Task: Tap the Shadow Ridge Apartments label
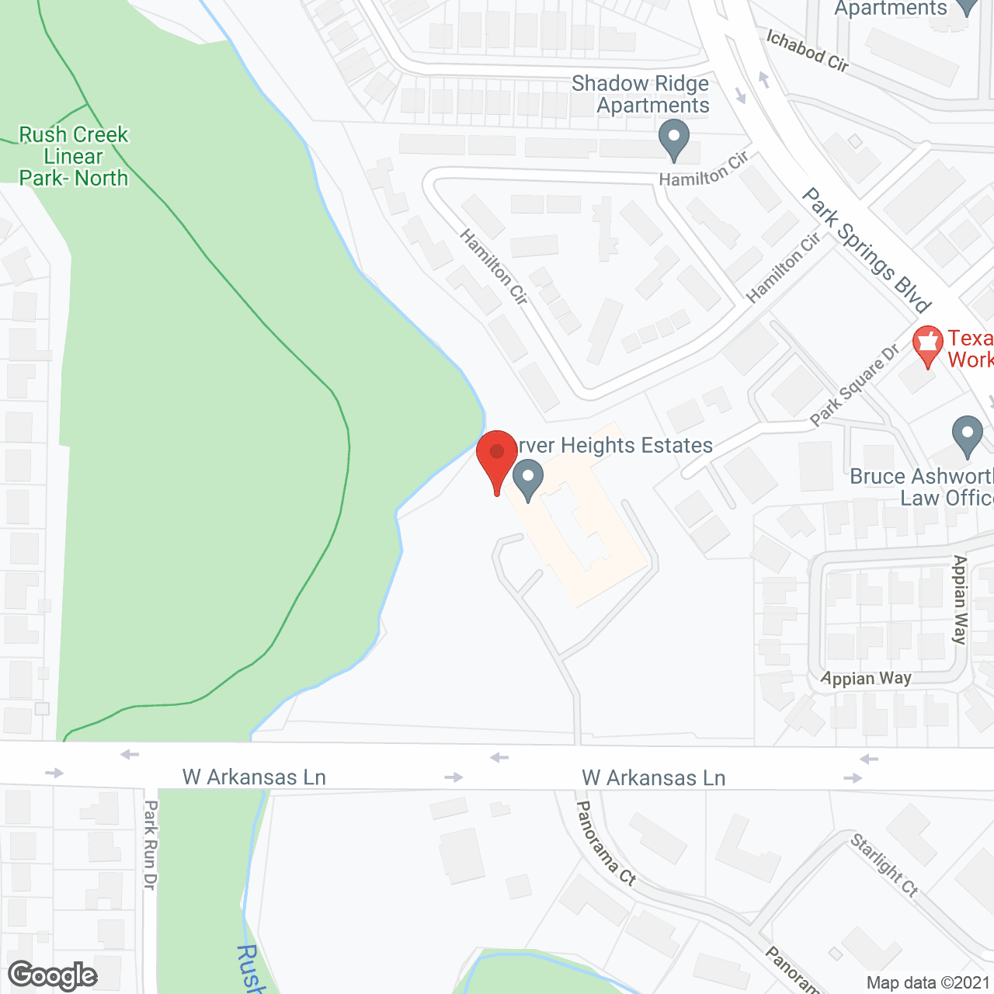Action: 641,94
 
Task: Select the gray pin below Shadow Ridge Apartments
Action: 674,140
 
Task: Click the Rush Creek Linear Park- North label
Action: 74,156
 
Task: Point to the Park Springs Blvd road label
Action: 867,249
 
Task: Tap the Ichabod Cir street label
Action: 808,50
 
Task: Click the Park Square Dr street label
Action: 854,385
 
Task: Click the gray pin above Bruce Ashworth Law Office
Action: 967,436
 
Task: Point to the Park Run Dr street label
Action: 151,845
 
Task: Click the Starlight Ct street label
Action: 885,865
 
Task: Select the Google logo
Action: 53,975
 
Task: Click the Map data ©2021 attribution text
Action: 928,983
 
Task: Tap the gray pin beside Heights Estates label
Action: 528,479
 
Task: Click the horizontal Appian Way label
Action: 866,679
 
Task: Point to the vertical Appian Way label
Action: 961,600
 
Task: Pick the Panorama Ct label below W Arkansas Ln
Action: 606,843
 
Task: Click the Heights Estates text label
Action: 613,445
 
